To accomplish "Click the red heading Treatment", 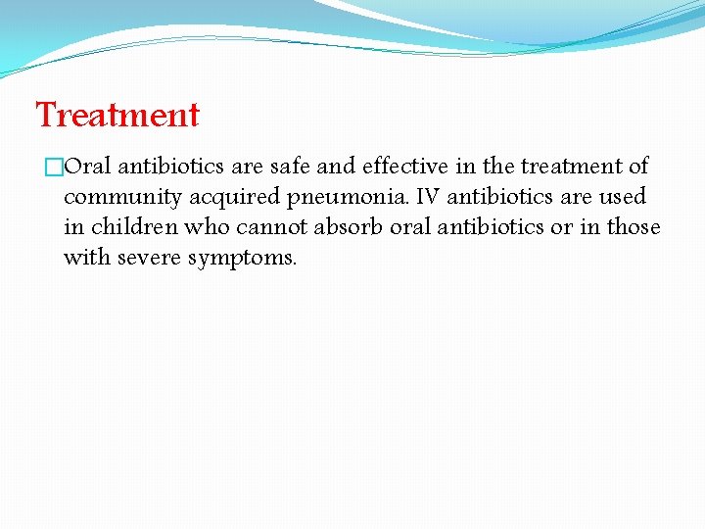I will (117, 116).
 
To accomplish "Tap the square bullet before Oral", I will (55, 168).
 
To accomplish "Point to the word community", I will (122, 198).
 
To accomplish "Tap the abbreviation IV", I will (428, 197).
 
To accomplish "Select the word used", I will (623, 197).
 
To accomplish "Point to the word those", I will (634, 227).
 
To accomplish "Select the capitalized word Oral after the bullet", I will (87, 167).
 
